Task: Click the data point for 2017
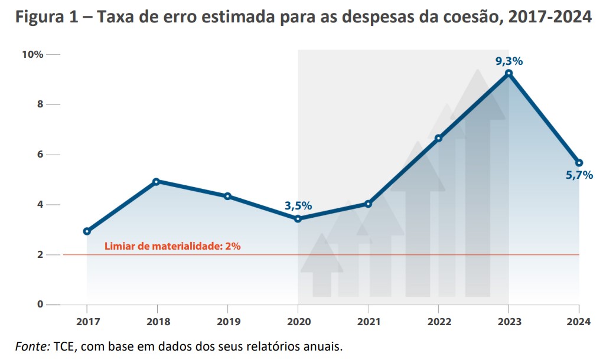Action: click(x=87, y=231)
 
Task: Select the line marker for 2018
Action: click(x=157, y=182)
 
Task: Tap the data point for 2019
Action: click(x=227, y=196)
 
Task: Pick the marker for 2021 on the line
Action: click(x=368, y=204)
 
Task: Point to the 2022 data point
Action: click(x=438, y=138)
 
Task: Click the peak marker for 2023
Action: click(x=509, y=73)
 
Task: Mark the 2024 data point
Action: click(x=579, y=163)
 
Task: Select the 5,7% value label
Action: click(x=579, y=175)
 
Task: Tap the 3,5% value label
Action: click(x=298, y=206)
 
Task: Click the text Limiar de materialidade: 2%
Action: click(x=172, y=246)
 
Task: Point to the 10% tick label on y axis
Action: click(x=32, y=54)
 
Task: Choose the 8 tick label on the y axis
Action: click(x=40, y=104)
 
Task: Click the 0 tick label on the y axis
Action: click(x=40, y=305)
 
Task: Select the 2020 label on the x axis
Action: click(x=298, y=322)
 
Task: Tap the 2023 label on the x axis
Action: click(x=509, y=322)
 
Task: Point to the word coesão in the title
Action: click(x=462, y=17)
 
